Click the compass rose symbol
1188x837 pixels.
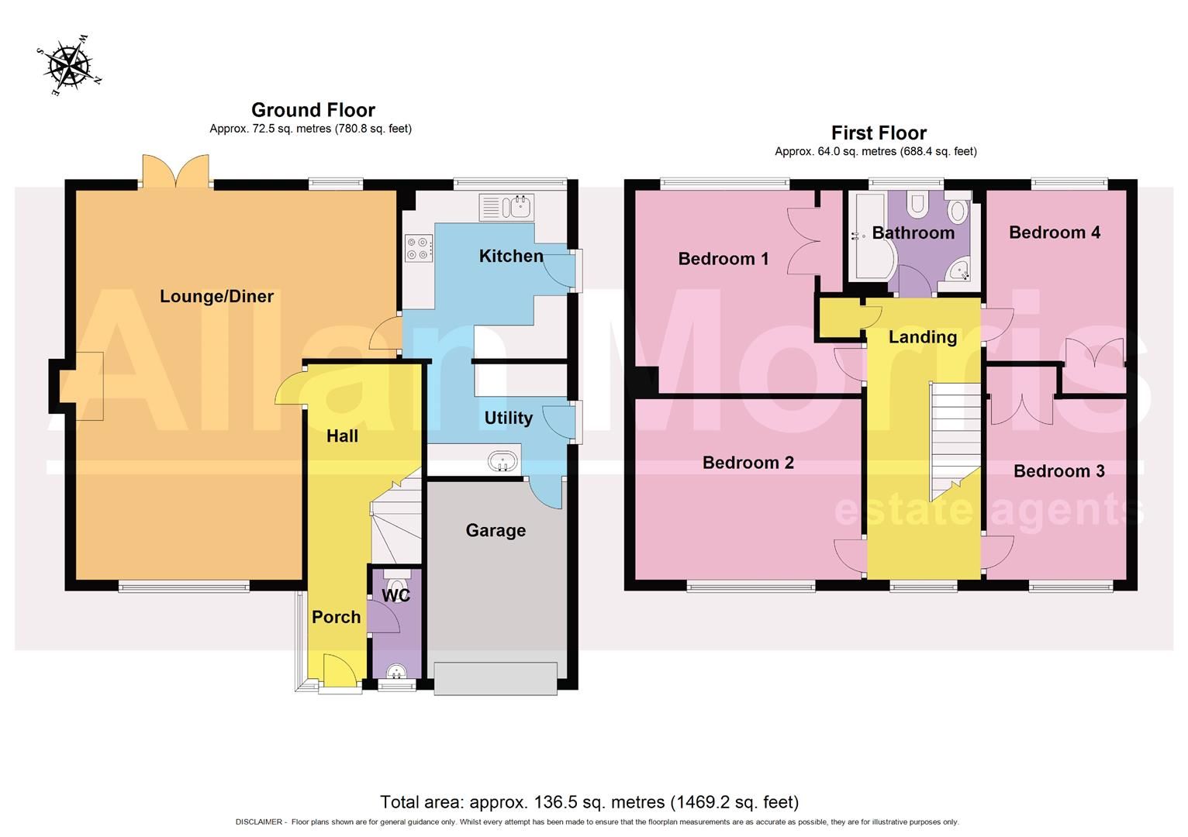point(69,64)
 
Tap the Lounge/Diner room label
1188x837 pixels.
point(216,296)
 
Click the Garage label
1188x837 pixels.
point(496,531)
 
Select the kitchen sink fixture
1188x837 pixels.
point(505,207)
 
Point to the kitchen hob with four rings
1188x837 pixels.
point(418,247)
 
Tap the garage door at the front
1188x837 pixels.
point(496,678)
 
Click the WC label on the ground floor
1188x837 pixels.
point(396,596)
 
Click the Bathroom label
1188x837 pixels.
point(913,232)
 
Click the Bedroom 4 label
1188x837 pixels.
point(1054,232)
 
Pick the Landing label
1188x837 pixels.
point(922,337)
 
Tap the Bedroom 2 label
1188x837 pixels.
point(748,463)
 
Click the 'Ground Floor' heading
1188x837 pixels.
point(313,110)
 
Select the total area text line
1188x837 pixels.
point(589,801)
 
